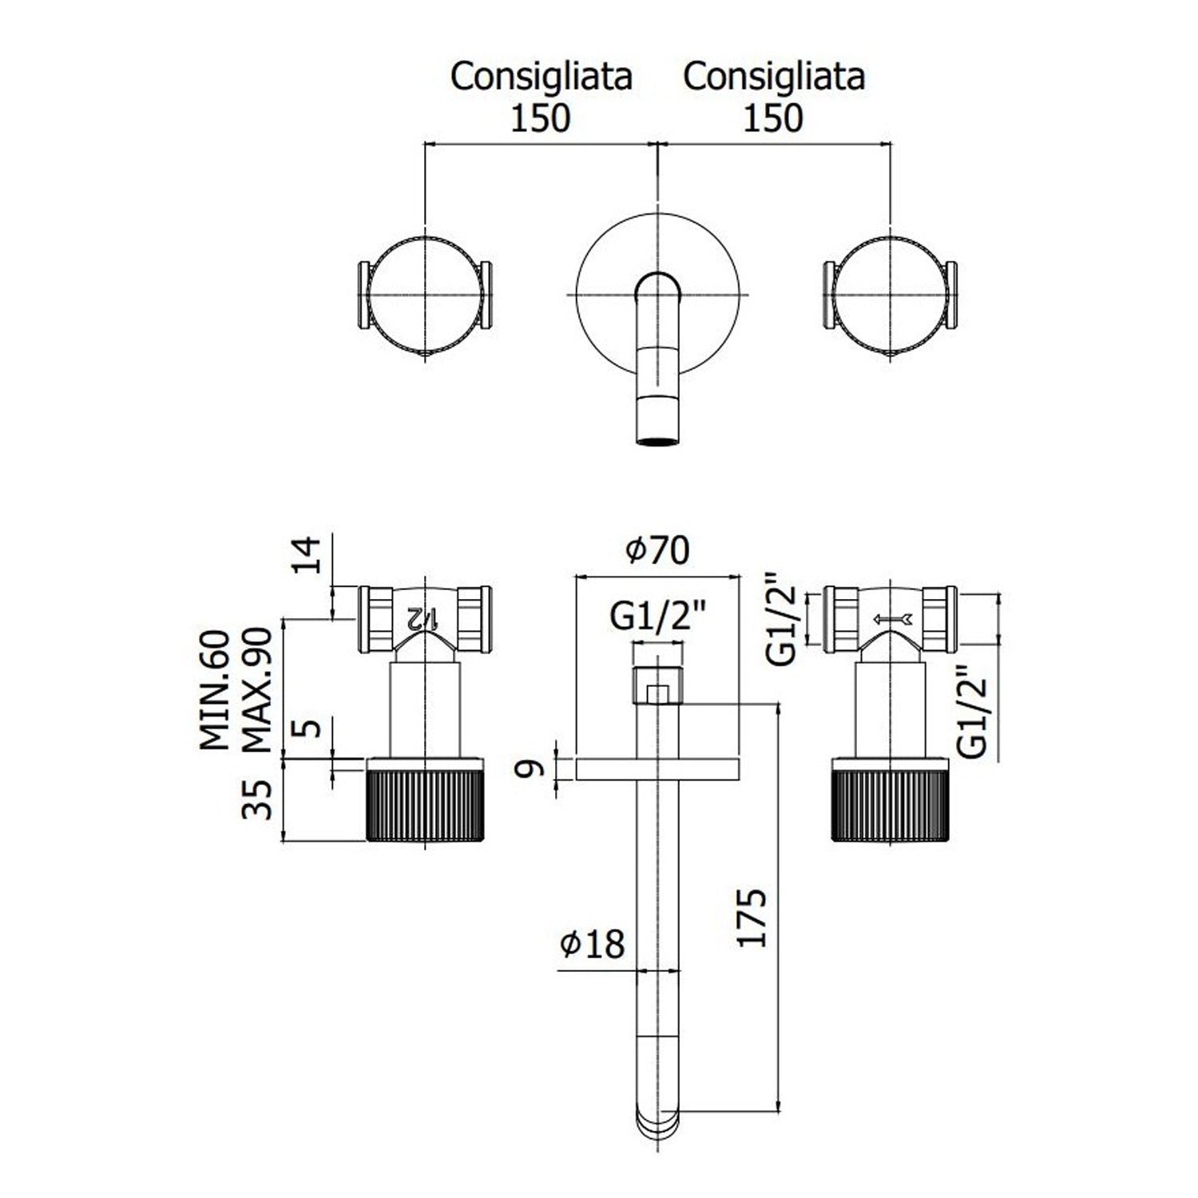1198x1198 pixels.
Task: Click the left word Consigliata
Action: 541,77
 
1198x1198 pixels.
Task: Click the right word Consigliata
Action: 775,77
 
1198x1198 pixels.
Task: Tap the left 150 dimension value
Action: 541,119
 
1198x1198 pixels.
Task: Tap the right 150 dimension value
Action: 774,119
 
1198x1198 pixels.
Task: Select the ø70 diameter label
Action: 657,552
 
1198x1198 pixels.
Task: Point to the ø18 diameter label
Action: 593,944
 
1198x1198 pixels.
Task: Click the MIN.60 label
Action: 216,689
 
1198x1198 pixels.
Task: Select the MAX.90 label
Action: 259,689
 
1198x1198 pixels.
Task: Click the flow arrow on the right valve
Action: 894,619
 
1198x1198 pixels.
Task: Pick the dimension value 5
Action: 312,728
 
